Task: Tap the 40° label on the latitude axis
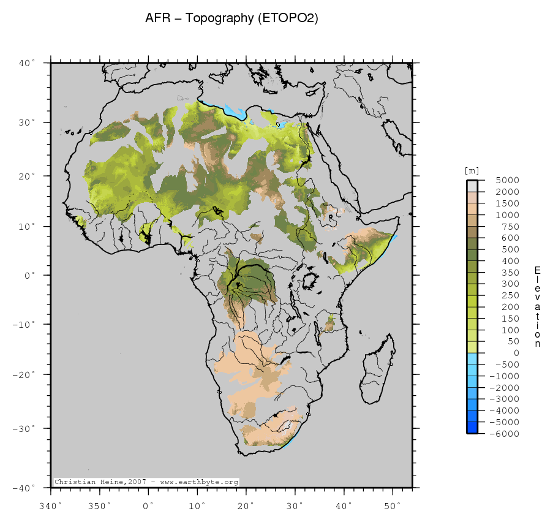click(x=28, y=62)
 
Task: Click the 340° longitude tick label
click(x=50, y=505)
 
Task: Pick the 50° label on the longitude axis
click(x=392, y=505)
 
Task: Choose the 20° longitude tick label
click(x=246, y=505)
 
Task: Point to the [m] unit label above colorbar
click(x=472, y=170)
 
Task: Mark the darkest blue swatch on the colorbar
click(x=473, y=428)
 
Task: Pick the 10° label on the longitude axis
click(x=197, y=505)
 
